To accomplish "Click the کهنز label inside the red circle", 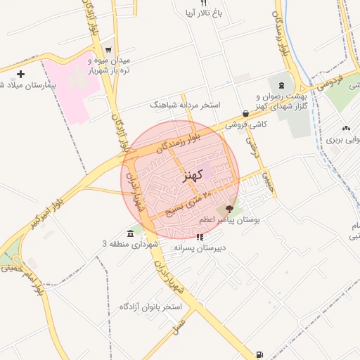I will coord(193,174).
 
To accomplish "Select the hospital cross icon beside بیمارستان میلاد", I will coord(20,74).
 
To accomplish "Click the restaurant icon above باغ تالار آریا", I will coord(204,3).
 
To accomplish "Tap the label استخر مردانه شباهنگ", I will coord(185,105).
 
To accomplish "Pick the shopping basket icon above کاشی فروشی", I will coord(245,113).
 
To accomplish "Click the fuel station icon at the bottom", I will coord(261,354).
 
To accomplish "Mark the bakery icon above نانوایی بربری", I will coord(346,128).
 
